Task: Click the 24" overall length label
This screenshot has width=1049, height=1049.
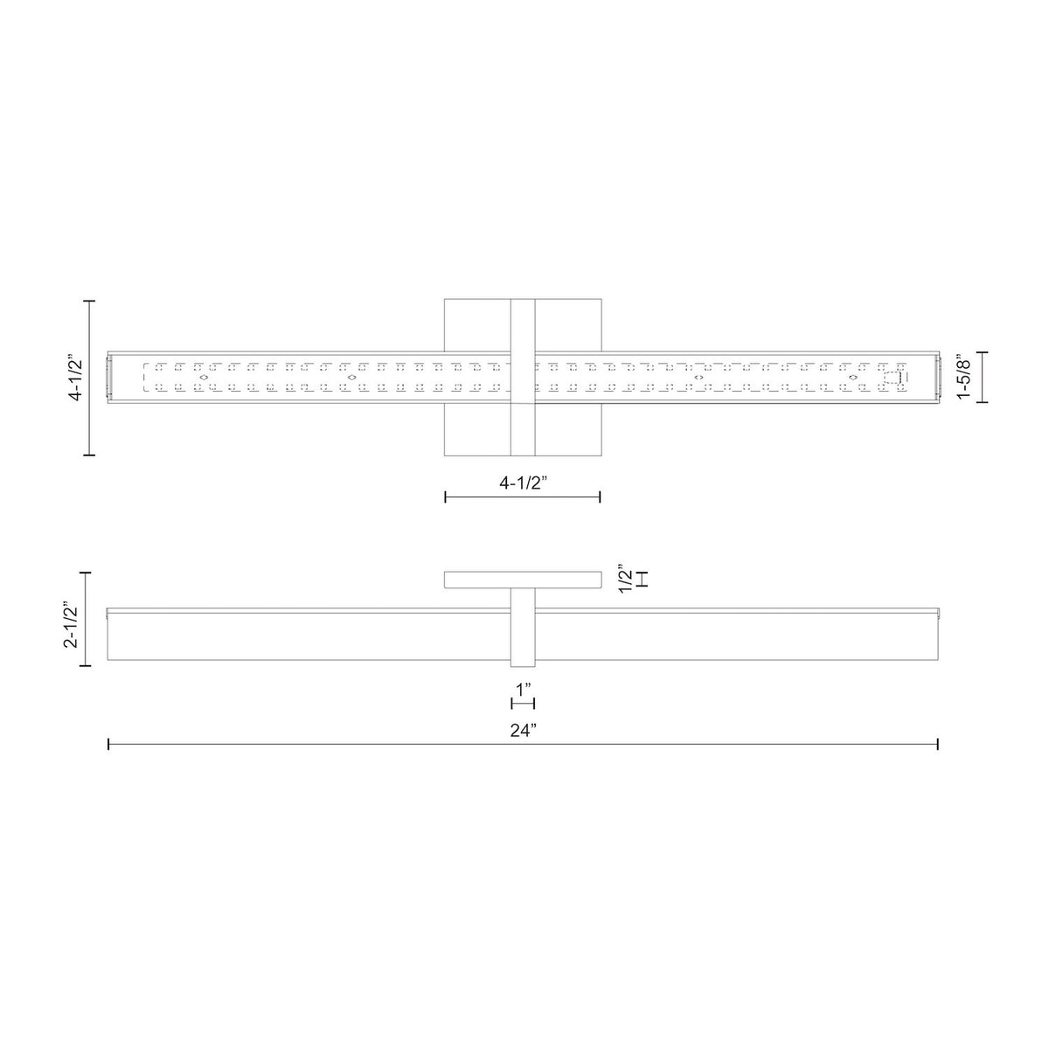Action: click(x=523, y=731)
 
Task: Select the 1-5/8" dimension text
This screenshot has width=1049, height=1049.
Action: click(x=964, y=378)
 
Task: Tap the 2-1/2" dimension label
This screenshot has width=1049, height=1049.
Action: click(x=72, y=624)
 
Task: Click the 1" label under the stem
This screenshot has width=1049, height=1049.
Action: click(x=523, y=691)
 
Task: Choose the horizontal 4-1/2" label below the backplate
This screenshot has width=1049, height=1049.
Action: click(x=523, y=483)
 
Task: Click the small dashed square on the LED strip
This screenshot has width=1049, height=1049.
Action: click(x=892, y=378)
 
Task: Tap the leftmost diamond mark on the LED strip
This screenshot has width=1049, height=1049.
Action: click(x=204, y=378)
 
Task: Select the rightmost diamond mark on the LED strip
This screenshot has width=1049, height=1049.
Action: click(x=852, y=378)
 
